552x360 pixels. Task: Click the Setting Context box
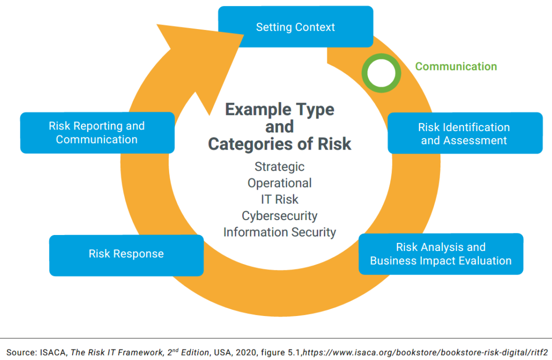295,27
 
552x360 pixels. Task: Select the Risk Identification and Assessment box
464,133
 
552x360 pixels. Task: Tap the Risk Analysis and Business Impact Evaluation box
440,254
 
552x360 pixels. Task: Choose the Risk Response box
126,254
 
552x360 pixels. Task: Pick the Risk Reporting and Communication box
97,133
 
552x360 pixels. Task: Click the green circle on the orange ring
381,73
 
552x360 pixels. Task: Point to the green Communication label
456,66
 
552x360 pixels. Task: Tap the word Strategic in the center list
279,166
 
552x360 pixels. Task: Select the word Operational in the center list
279,183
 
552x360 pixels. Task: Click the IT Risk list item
279,199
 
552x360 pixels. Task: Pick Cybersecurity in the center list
279,216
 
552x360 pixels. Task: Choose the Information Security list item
279,232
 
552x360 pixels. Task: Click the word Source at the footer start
20,351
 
